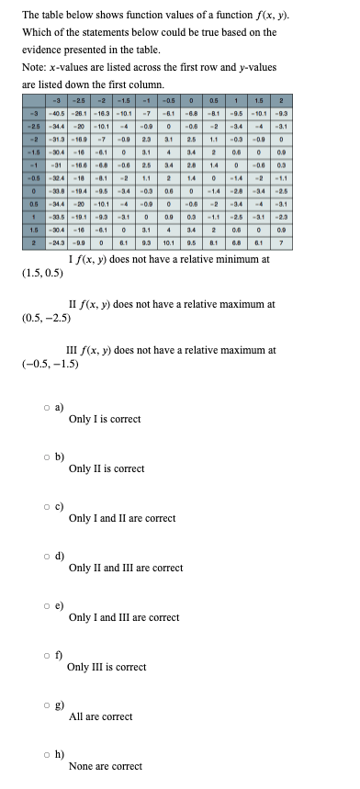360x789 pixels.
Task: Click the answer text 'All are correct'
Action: pyautogui.click(x=100, y=716)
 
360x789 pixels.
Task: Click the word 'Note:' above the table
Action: pyautogui.click(x=33, y=65)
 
